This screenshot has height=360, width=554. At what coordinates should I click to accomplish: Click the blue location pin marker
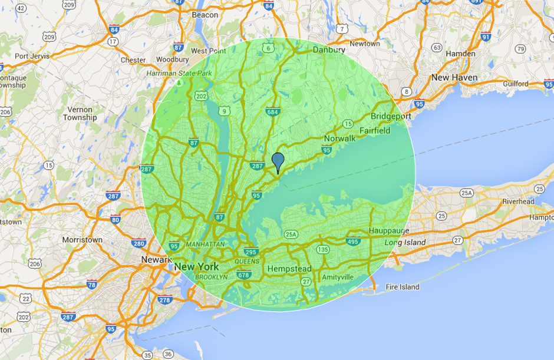click(278, 161)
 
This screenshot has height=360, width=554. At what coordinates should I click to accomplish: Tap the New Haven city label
click(454, 77)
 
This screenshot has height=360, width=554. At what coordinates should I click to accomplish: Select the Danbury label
click(329, 50)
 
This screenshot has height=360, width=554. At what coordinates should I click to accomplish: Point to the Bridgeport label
click(391, 117)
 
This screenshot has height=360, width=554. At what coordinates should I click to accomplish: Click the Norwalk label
click(339, 138)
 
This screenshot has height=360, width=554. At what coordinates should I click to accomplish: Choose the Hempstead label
click(289, 269)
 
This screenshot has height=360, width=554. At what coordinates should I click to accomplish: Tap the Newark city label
click(156, 259)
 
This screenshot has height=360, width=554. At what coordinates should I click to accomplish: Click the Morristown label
click(83, 240)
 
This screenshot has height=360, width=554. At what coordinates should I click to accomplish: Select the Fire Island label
click(403, 287)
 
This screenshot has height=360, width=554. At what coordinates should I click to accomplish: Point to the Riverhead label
click(518, 202)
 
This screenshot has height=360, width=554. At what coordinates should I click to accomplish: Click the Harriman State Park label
click(179, 74)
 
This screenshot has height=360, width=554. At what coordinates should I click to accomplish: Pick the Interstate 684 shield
click(272, 112)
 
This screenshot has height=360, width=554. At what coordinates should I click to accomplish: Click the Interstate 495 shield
click(353, 242)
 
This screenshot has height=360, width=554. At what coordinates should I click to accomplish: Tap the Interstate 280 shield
click(139, 243)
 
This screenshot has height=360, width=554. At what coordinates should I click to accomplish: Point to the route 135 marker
click(322, 250)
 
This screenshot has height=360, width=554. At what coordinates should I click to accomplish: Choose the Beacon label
click(205, 15)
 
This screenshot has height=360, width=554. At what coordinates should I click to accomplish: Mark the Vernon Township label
click(80, 113)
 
